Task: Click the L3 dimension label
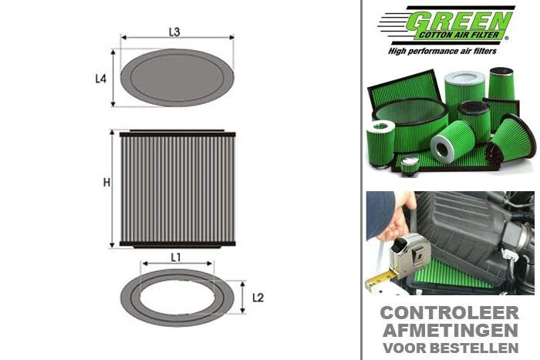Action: pos(174,32)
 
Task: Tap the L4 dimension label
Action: pos(100,79)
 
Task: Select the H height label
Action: pos(106,183)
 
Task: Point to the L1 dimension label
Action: pos(176,257)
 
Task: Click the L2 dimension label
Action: pos(258,298)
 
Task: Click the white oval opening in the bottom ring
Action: pos(177,298)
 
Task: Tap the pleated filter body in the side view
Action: pos(177,189)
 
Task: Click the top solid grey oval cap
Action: pos(177,77)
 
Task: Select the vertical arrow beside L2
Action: pos(242,297)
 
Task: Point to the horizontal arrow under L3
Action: pos(177,37)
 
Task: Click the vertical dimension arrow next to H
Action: pos(112,189)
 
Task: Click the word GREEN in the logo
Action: pos(459,22)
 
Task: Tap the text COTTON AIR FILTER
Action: pos(459,35)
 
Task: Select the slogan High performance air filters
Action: pos(442,52)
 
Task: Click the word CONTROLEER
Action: pos(450,313)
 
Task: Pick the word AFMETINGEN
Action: pos(450,331)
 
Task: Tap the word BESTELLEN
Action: pos(474,348)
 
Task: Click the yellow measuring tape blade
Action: pos(380,280)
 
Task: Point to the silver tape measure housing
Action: pos(410,256)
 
